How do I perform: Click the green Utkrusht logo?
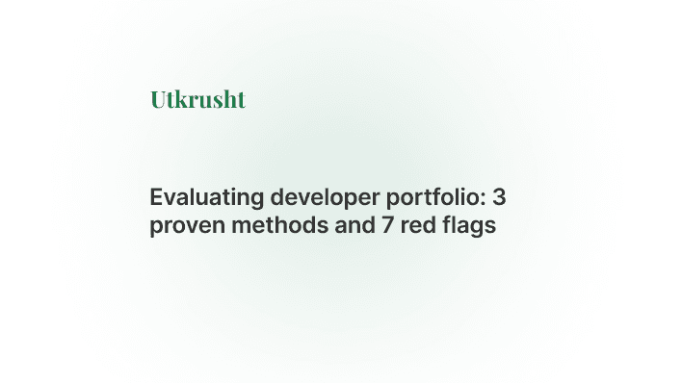click(x=197, y=99)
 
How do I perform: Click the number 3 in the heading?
click(x=499, y=198)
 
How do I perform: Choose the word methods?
click(x=264, y=227)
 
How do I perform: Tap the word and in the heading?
click(x=333, y=227)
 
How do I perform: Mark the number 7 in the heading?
click(x=369, y=227)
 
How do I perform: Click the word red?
click(x=401, y=227)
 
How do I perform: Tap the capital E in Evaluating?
click(x=155, y=198)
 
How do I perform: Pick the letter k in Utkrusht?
click(x=181, y=99)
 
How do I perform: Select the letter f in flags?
click(x=436, y=226)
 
